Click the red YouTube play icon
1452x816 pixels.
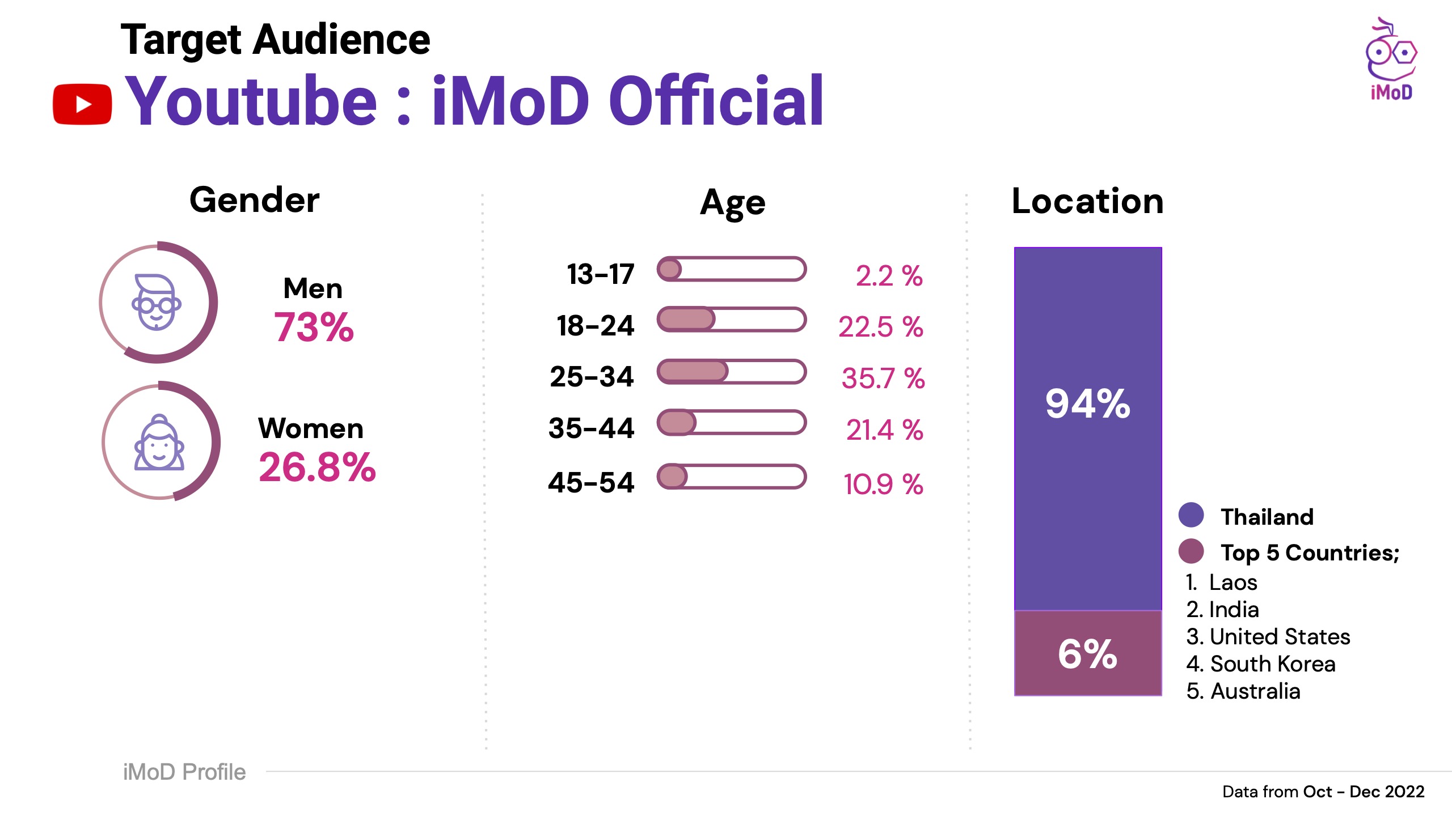click(82, 104)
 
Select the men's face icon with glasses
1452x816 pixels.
click(157, 303)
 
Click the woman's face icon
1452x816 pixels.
click(159, 443)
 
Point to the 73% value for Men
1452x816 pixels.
click(314, 328)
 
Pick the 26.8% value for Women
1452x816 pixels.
click(317, 467)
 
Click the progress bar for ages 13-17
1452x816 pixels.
click(731, 269)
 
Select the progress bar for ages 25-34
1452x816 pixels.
click(731, 372)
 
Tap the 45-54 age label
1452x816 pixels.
click(591, 483)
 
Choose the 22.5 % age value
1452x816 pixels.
click(880, 327)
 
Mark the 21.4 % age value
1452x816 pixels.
click(884, 430)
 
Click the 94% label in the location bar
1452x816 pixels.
click(1087, 404)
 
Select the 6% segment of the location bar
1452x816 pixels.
click(1087, 653)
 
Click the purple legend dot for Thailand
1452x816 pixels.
click(1191, 515)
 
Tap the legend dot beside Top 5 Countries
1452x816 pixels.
click(1191, 551)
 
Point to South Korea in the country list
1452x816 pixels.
click(1272, 664)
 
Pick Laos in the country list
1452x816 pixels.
click(1232, 583)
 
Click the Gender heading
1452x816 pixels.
click(254, 200)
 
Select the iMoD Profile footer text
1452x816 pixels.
click(184, 772)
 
